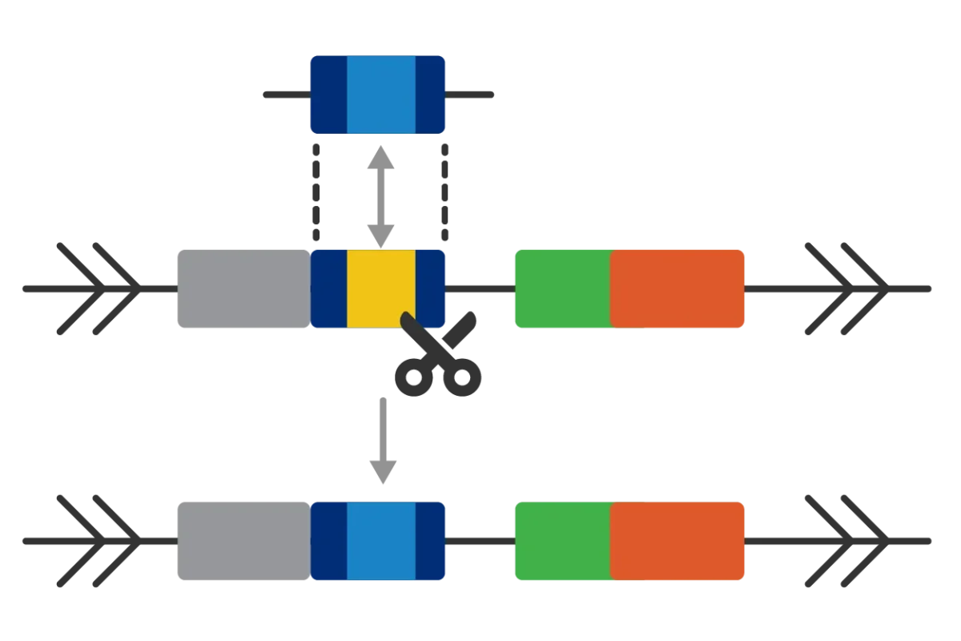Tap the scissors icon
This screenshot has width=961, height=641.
pyautogui.click(x=440, y=359)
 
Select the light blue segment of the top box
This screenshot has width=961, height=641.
pyautogui.click(x=381, y=95)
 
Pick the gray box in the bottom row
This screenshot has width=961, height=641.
pyautogui.click(x=241, y=541)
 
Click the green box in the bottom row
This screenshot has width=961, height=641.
pyautogui.click(x=561, y=541)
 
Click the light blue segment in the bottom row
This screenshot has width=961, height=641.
pyautogui.click(x=381, y=541)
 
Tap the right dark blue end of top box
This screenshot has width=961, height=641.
pyautogui.click(x=431, y=95)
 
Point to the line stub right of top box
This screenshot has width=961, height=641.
pyautogui.click(x=472, y=96)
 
